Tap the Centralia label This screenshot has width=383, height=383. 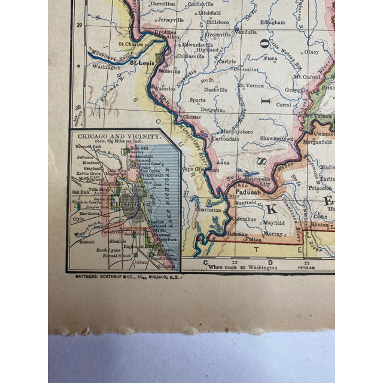[x=245, y=69]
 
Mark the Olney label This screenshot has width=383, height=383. [x=312, y=52]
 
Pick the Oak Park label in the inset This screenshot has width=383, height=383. [x=80, y=191]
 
